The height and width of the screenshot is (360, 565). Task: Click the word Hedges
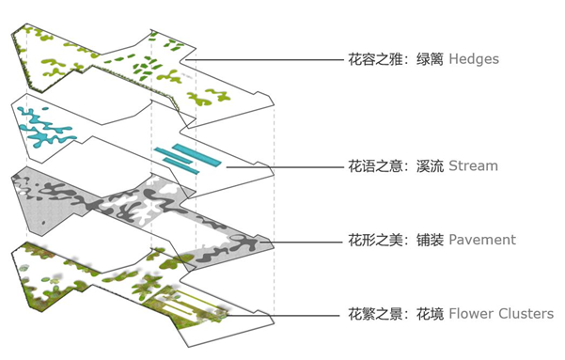[x=474, y=59]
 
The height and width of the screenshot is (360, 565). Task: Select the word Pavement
[x=482, y=240]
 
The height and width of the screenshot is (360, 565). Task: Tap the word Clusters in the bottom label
[x=526, y=313]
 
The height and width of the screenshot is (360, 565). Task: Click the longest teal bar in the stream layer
[x=189, y=156]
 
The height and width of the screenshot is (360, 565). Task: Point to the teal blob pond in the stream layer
[x=41, y=128]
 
